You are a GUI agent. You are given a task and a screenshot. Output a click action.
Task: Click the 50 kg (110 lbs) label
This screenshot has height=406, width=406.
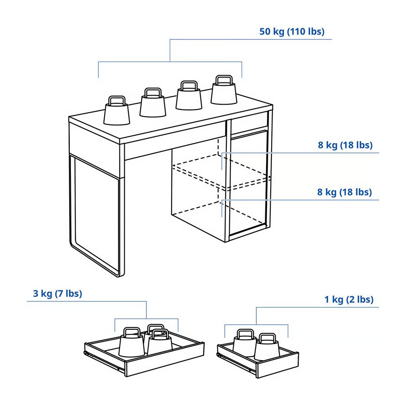292,32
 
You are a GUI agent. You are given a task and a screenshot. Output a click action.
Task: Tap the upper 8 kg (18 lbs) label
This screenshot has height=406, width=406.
345,145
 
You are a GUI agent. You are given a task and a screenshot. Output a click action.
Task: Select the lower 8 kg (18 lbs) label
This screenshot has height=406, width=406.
344,192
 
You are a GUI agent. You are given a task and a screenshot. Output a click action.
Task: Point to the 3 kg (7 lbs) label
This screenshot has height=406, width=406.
57,294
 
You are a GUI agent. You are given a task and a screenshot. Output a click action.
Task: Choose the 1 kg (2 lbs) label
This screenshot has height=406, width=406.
349,300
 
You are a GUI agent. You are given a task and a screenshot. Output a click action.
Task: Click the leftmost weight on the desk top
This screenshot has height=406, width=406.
116,111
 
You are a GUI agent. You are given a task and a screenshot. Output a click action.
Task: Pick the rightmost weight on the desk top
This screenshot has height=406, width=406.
224,90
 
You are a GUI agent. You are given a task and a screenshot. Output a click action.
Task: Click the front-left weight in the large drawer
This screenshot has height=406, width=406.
132,342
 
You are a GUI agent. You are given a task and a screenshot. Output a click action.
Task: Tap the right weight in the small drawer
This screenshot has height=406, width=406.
267,347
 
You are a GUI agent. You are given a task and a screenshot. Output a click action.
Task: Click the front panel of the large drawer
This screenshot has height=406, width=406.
165,360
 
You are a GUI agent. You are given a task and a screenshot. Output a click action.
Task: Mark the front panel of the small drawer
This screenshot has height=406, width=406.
278,365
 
